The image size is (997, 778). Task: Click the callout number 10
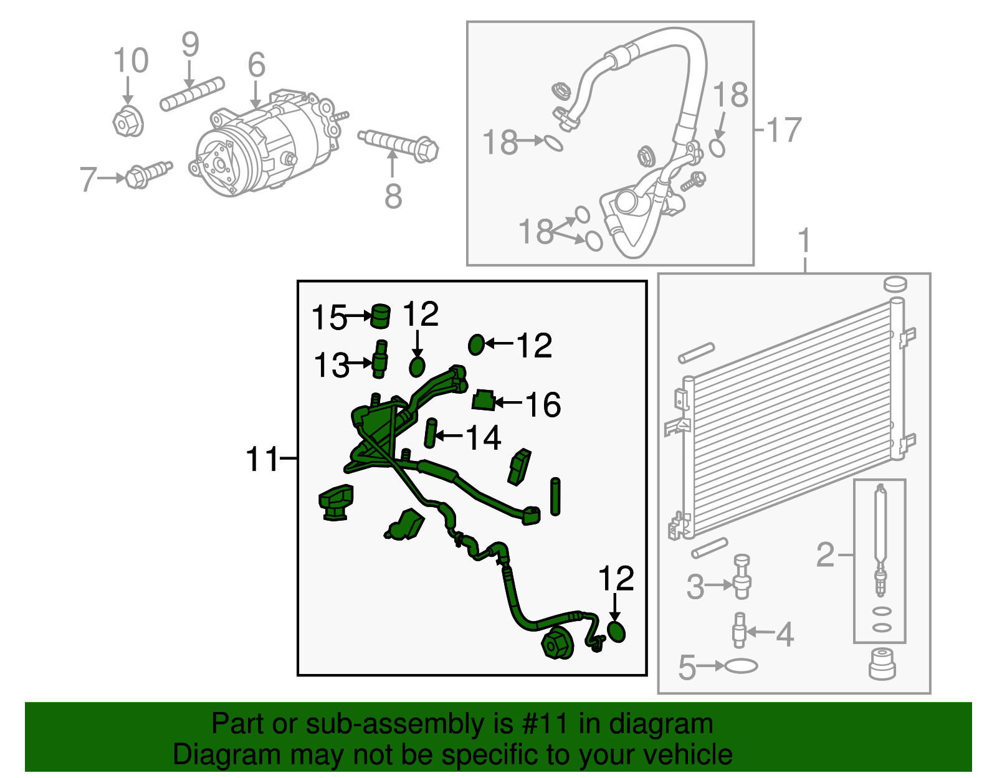pos(131,61)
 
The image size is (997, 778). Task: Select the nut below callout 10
pos(128,121)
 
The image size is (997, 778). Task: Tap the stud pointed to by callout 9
pos(191,95)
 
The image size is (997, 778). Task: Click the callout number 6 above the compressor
pos(256,65)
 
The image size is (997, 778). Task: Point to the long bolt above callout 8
pos(399,144)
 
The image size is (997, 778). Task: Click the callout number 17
pos(783,130)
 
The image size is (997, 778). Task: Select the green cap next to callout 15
pos(380,315)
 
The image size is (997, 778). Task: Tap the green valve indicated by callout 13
pos(379,359)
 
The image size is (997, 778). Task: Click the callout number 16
pos(543,405)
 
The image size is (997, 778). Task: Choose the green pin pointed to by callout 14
pos(429,433)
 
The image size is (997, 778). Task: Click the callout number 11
pos(262,460)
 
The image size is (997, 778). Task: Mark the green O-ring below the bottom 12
pos(616,632)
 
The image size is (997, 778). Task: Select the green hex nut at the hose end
pos(556,643)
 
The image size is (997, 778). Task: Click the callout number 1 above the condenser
pos(804,240)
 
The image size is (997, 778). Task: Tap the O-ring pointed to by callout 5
pos(741,666)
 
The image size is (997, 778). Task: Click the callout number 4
pos(785,634)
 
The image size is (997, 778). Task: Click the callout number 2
pos(825,554)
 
